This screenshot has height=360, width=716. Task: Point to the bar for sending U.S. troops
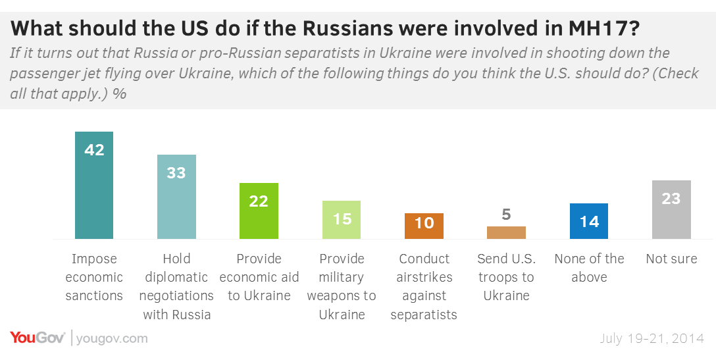click(x=506, y=232)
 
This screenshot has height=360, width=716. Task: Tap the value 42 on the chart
click(x=94, y=150)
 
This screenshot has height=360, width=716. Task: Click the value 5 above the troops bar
click(x=506, y=215)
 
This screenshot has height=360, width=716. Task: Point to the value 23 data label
click(x=671, y=198)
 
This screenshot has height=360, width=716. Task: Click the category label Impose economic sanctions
click(x=94, y=277)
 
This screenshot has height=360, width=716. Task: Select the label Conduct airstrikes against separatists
click(x=424, y=286)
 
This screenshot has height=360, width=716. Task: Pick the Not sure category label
click(x=671, y=259)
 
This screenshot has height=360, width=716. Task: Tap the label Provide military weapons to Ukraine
click(x=342, y=286)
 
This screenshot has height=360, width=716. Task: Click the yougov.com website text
click(x=112, y=338)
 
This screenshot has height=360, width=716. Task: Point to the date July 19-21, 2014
click(x=652, y=338)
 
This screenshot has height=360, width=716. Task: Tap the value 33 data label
click(x=176, y=173)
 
